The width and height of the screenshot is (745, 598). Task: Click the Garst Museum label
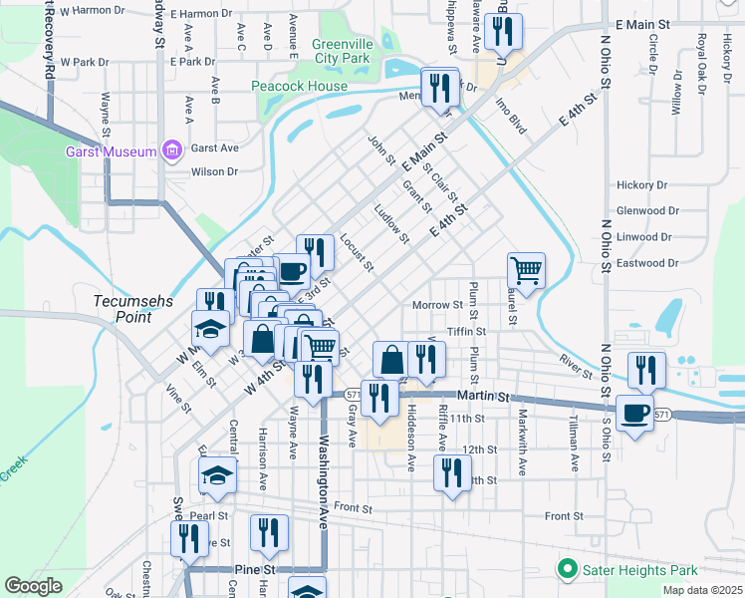(111, 151)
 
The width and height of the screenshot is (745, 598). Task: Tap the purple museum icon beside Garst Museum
(173, 151)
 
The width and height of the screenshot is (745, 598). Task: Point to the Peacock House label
(299, 87)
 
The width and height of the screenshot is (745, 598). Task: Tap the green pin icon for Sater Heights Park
(568, 570)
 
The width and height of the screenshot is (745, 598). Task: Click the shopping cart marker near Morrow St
(526, 269)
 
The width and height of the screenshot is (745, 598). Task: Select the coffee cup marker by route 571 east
(634, 414)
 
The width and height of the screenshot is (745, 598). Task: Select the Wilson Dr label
(215, 171)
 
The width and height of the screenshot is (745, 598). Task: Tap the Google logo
(34, 586)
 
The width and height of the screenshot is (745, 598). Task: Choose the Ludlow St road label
(391, 224)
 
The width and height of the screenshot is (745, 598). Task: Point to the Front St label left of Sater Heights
(563, 515)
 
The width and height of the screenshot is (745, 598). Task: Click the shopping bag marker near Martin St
(392, 359)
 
